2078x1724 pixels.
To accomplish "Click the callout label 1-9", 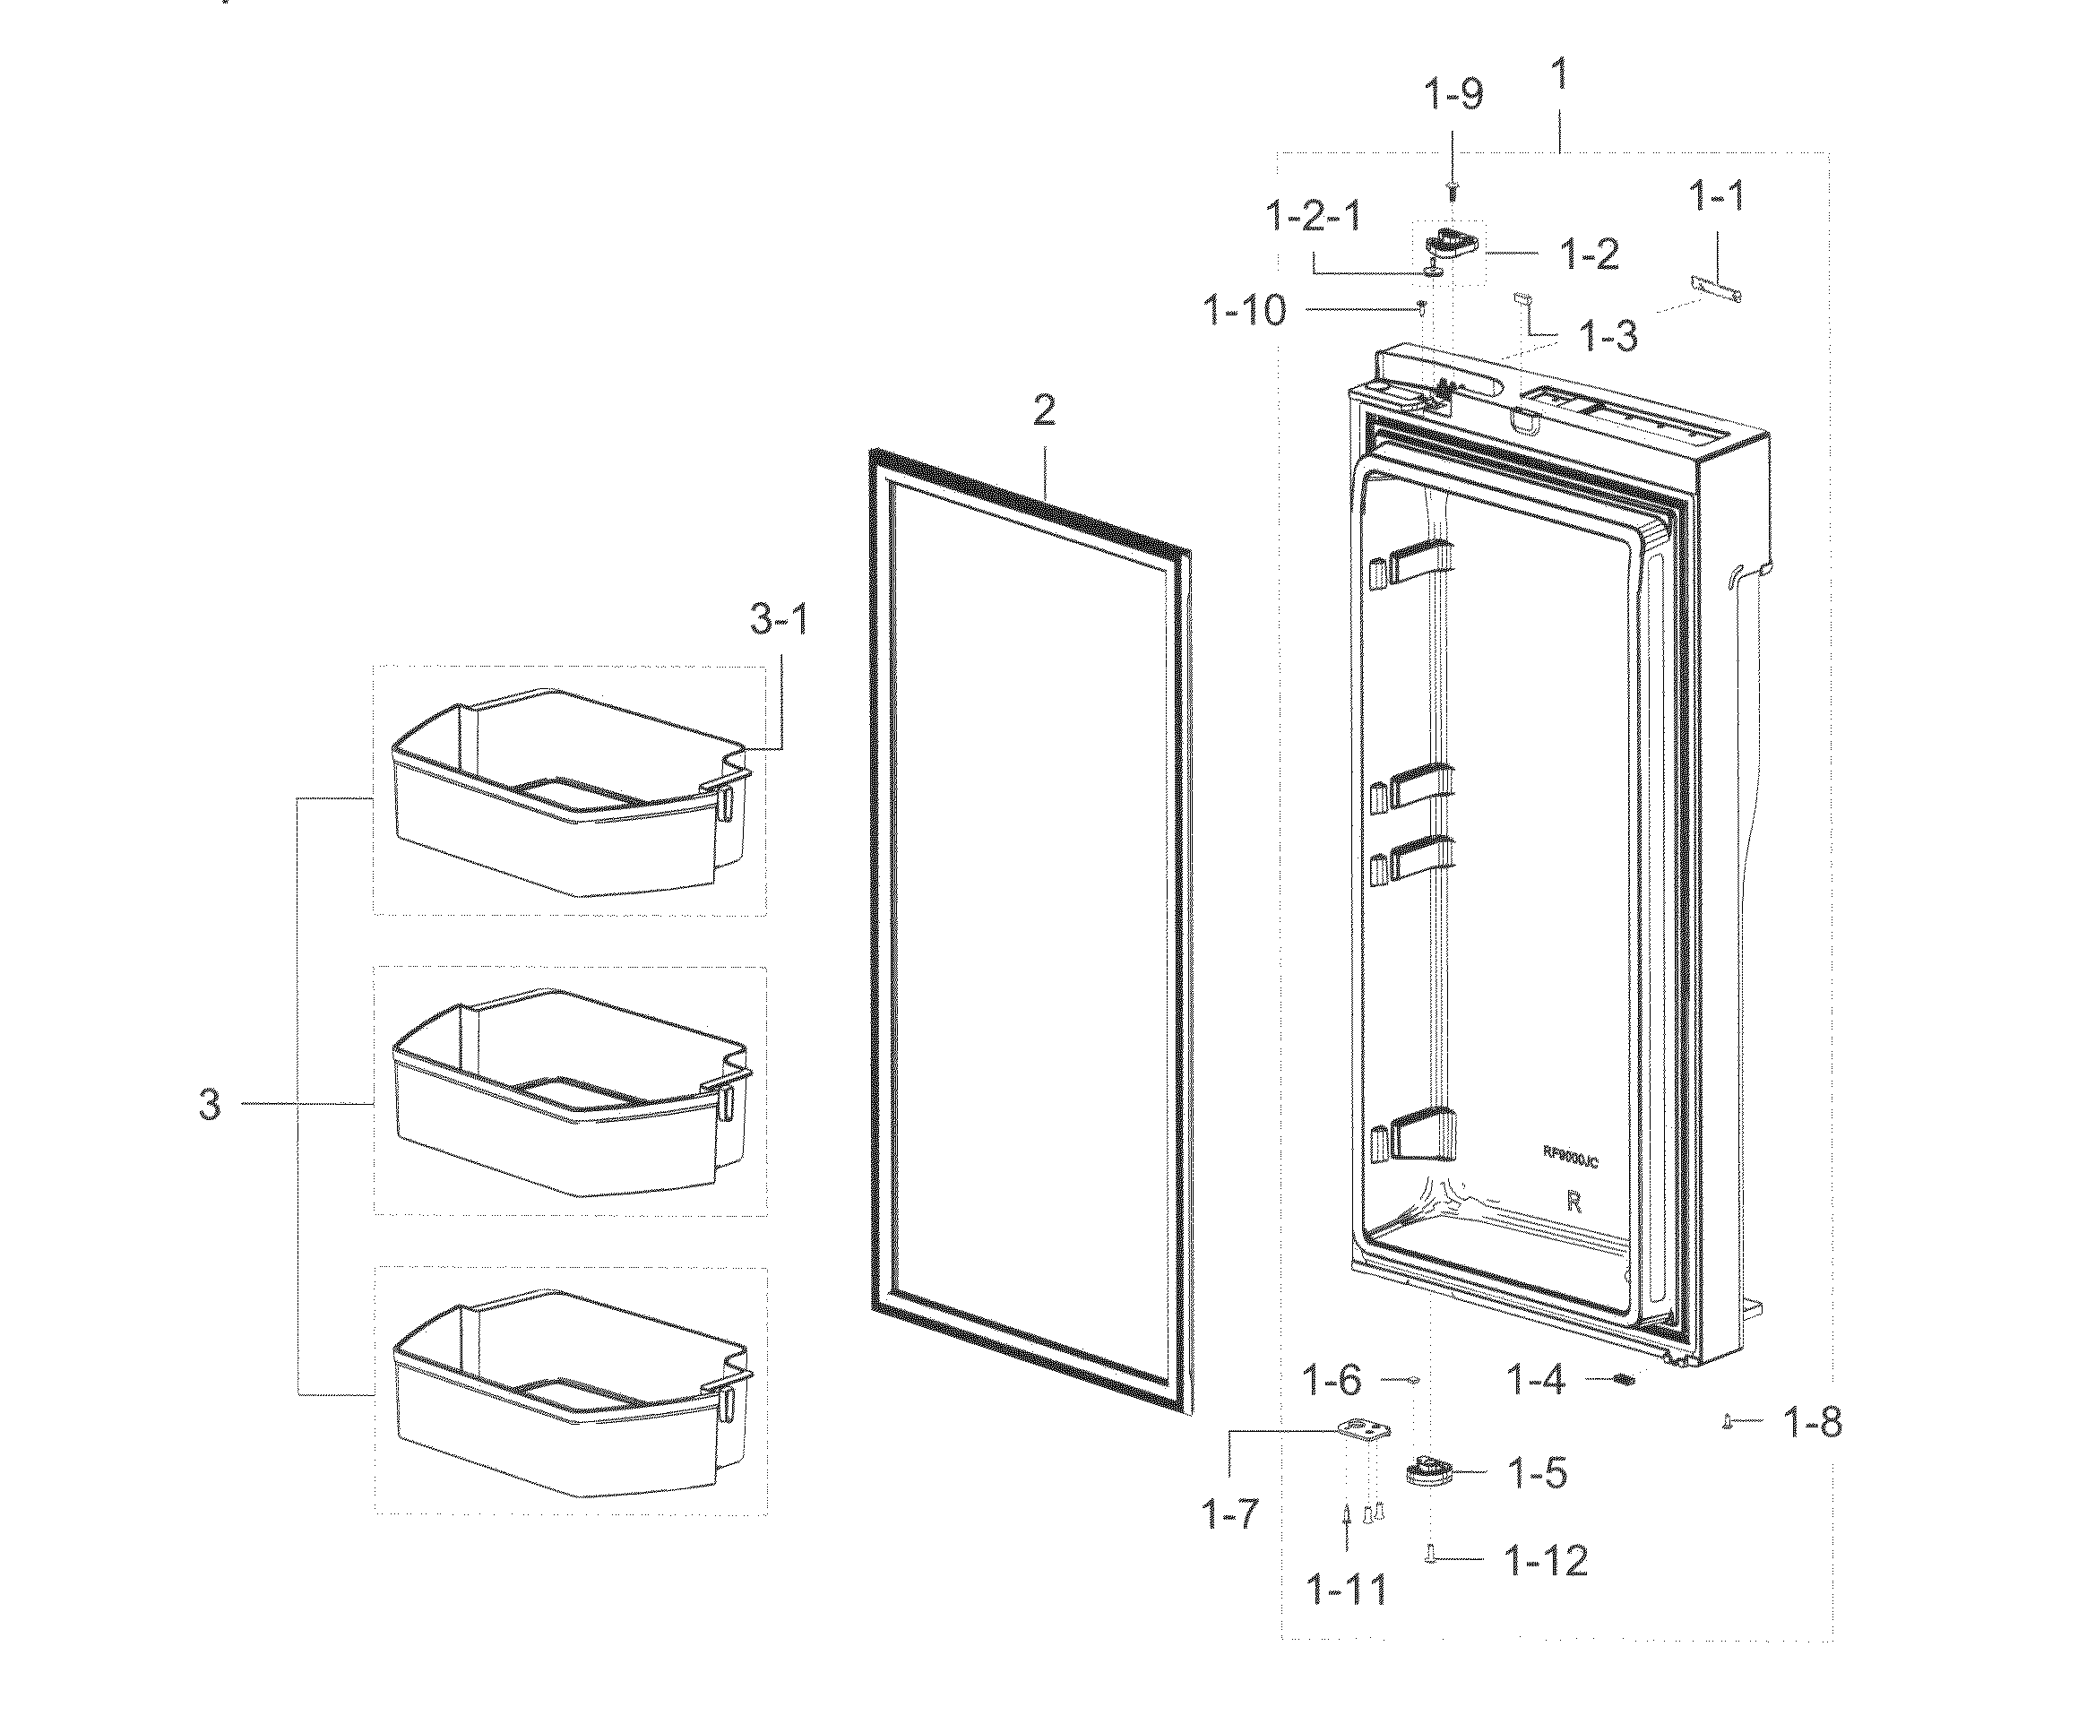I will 1453,95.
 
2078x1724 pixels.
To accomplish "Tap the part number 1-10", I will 1245,311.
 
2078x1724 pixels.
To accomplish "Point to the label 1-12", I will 1546,1561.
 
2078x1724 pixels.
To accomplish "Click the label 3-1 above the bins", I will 779,621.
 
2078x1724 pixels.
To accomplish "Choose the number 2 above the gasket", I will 1044,410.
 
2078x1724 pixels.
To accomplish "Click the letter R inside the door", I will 1574,1203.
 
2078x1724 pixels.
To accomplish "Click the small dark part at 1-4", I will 1621,1379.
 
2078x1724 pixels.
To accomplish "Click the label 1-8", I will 1812,1423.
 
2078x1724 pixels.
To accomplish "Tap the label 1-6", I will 1331,1380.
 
